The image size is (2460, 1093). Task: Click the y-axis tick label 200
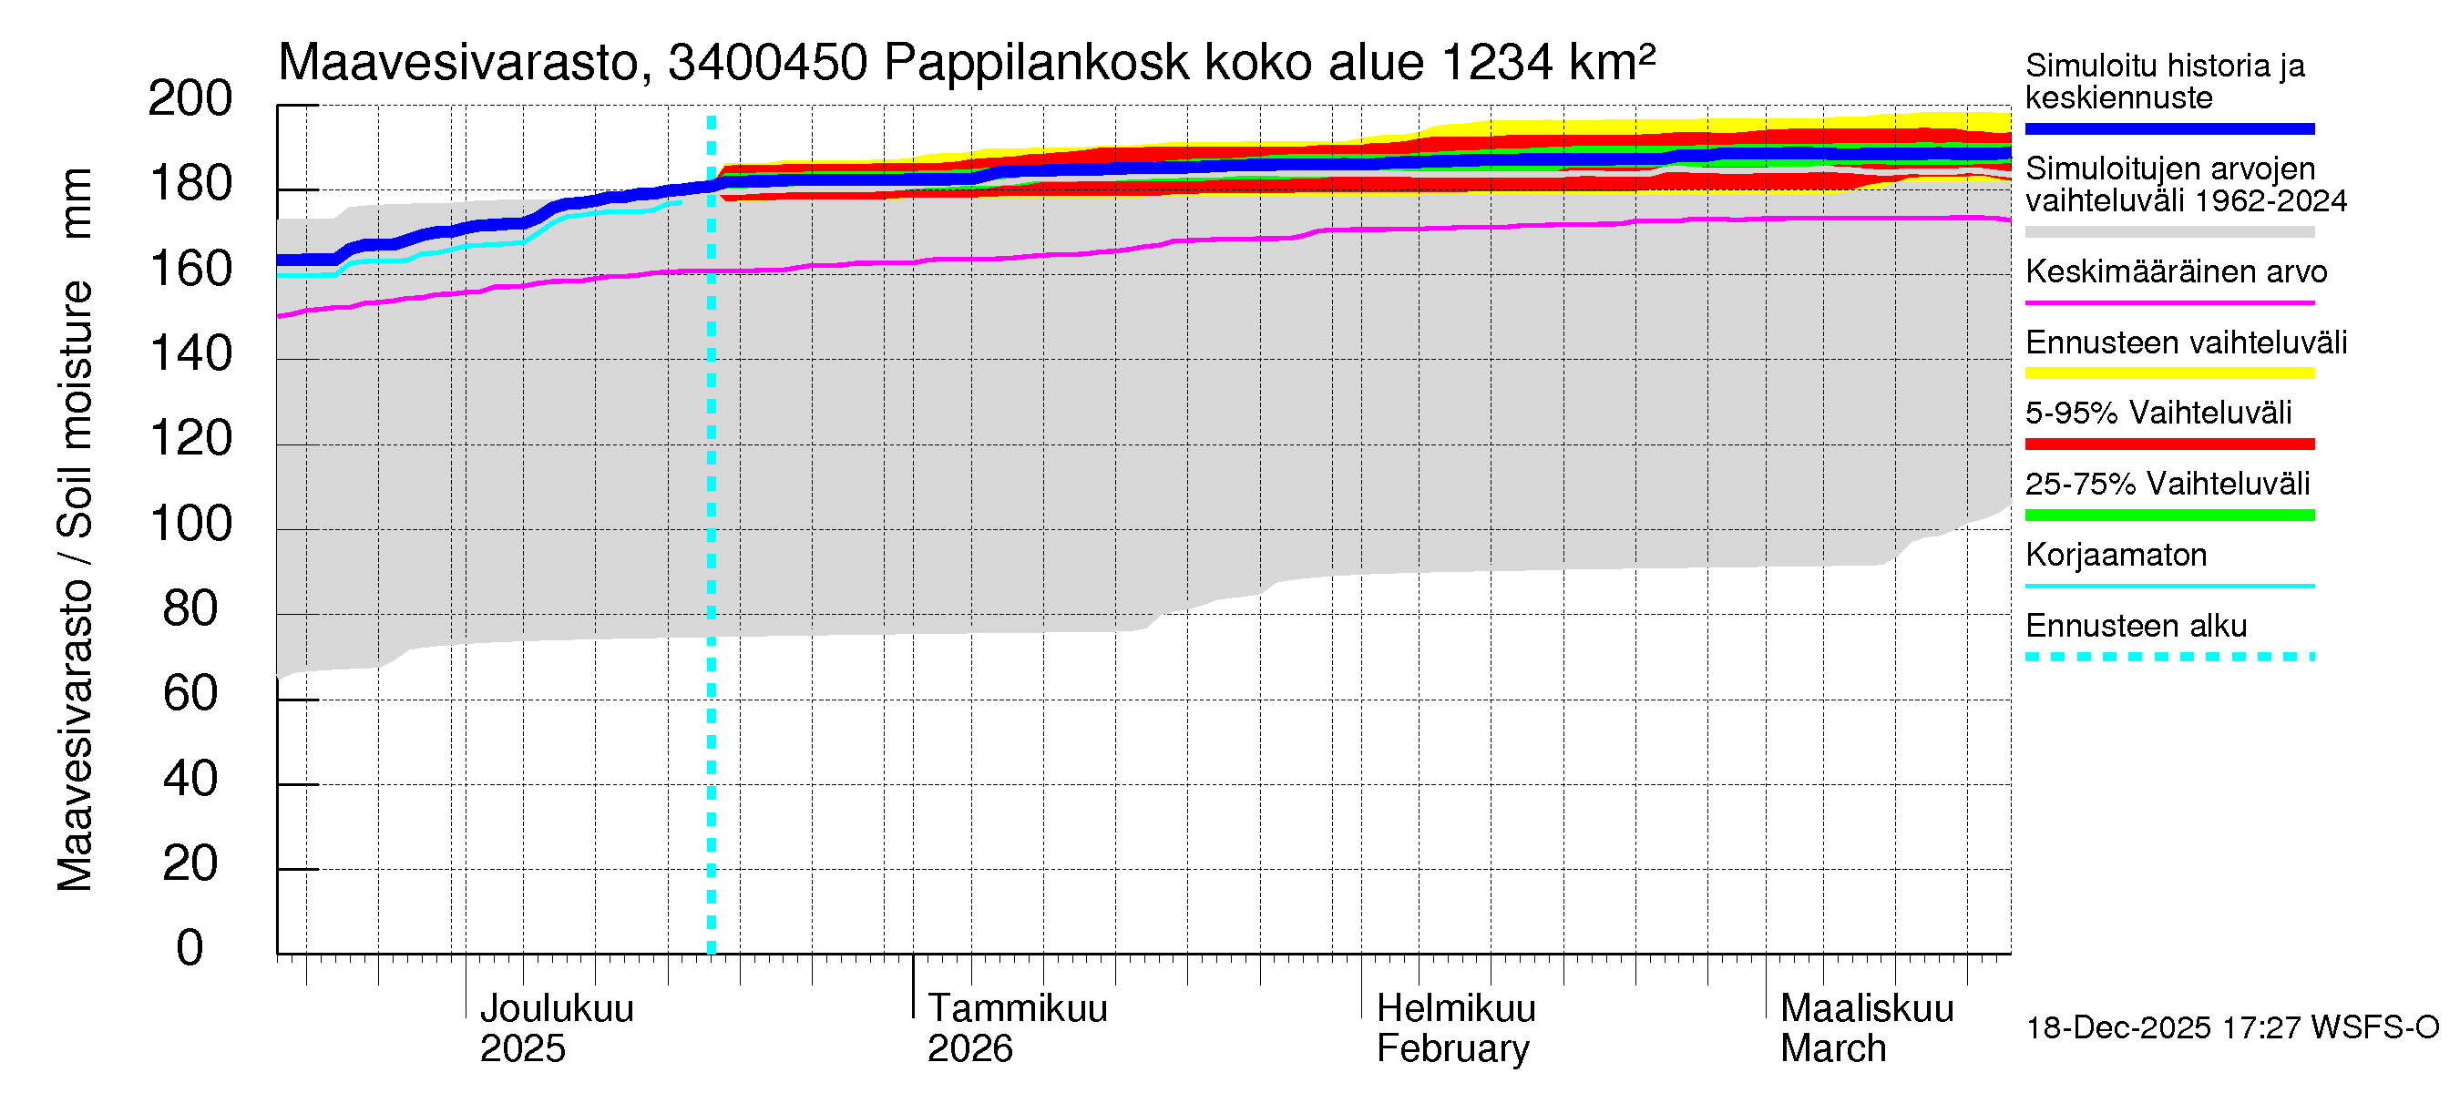tap(190, 99)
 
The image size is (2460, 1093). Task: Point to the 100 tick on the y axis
tap(190, 524)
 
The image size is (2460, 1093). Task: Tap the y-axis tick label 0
tap(190, 948)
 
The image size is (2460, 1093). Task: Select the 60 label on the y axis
tap(190, 694)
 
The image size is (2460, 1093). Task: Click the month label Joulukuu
tap(556, 1008)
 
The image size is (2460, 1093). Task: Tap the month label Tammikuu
tap(1017, 1008)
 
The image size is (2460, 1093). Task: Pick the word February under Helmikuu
tap(1451, 1049)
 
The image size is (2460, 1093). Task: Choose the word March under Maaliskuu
tap(1832, 1049)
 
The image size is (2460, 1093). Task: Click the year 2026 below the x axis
tap(969, 1049)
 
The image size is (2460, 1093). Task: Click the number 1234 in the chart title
tap(1496, 63)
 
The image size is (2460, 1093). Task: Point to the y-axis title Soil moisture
tap(75, 411)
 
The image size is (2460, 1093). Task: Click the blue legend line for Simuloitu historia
tap(2168, 128)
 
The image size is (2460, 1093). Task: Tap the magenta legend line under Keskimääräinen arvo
tap(2168, 302)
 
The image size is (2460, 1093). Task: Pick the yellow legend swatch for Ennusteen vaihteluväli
tap(2168, 373)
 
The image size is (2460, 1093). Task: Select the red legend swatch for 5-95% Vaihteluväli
tap(2168, 444)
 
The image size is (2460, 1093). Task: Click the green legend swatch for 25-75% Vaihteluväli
tap(2168, 516)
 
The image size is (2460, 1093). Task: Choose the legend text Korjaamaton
tap(2116, 555)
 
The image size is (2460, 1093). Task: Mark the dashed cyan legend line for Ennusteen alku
tap(2168, 657)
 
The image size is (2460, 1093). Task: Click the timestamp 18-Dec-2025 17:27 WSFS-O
tap(2231, 1028)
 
